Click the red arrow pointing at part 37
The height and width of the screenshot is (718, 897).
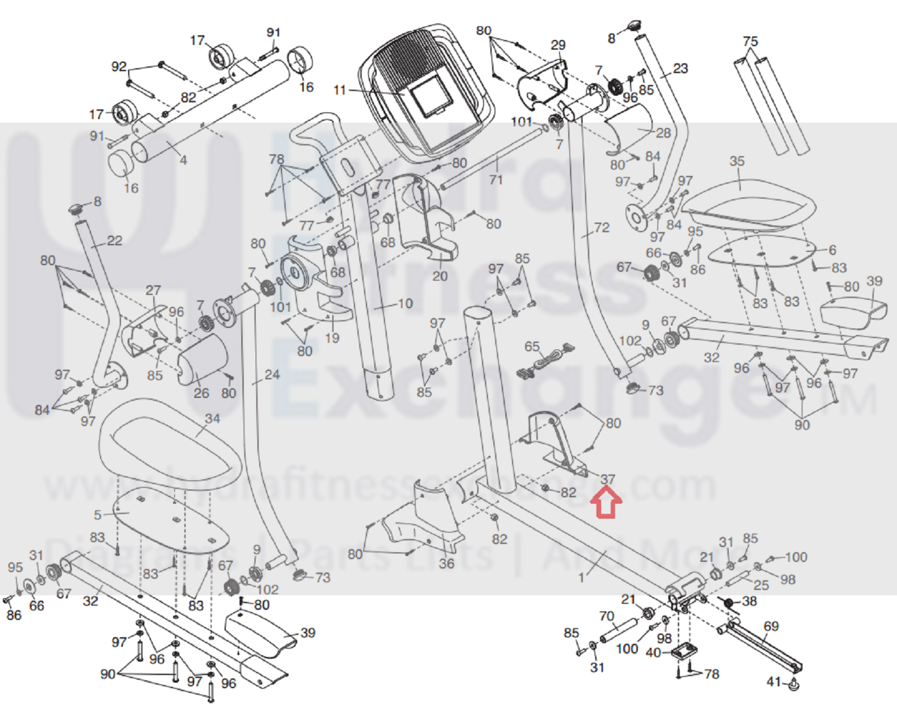[x=607, y=502]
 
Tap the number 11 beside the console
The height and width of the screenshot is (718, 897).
[x=340, y=90]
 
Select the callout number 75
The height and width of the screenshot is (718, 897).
[x=750, y=41]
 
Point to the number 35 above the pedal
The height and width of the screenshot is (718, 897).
[x=737, y=161]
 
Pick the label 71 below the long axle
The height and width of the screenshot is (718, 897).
[x=496, y=179]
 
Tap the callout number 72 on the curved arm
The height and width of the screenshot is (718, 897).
[x=602, y=228]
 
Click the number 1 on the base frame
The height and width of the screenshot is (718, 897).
[x=581, y=577]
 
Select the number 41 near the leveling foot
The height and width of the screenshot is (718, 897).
[x=774, y=681]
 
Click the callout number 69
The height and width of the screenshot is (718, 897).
[x=771, y=626]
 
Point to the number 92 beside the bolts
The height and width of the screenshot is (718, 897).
[x=119, y=66]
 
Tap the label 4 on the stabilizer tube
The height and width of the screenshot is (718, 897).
[x=183, y=160]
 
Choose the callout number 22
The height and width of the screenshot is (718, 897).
[x=114, y=241]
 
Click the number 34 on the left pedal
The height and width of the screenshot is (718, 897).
[x=212, y=419]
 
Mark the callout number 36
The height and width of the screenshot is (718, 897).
[x=446, y=563]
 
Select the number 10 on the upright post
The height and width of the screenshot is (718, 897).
[x=406, y=304]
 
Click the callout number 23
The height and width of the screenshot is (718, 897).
[x=680, y=68]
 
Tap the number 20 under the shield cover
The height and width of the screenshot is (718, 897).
[x=440, y=276]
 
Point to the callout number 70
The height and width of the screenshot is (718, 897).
[x=606, y=616]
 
